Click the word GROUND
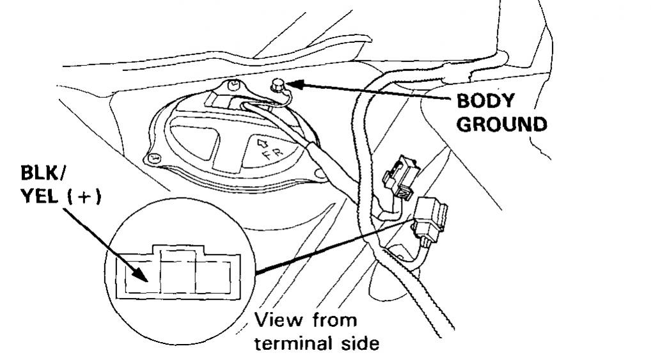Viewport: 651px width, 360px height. coord(502,124)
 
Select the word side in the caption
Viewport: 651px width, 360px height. coord(358,343)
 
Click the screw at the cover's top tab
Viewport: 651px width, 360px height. coord(235,83)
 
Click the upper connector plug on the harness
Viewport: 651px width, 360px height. coord(400,175)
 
